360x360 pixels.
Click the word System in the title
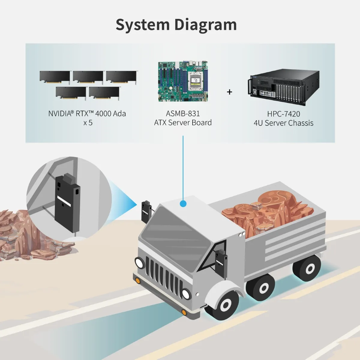click(x=142, y=25)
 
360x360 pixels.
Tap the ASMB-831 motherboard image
click(x=183, y=81)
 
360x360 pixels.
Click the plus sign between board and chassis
click(x=229, y=92)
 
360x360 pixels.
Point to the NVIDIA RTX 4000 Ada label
click(x=87, y=114)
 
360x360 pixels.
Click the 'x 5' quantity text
click(x=88, y=123)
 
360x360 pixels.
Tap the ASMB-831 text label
click(x=183, y=114)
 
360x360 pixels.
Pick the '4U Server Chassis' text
click(x=283, y=123)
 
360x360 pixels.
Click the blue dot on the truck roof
click(x=183, y=204)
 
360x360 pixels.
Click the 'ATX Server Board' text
click(x=183, y=123)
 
